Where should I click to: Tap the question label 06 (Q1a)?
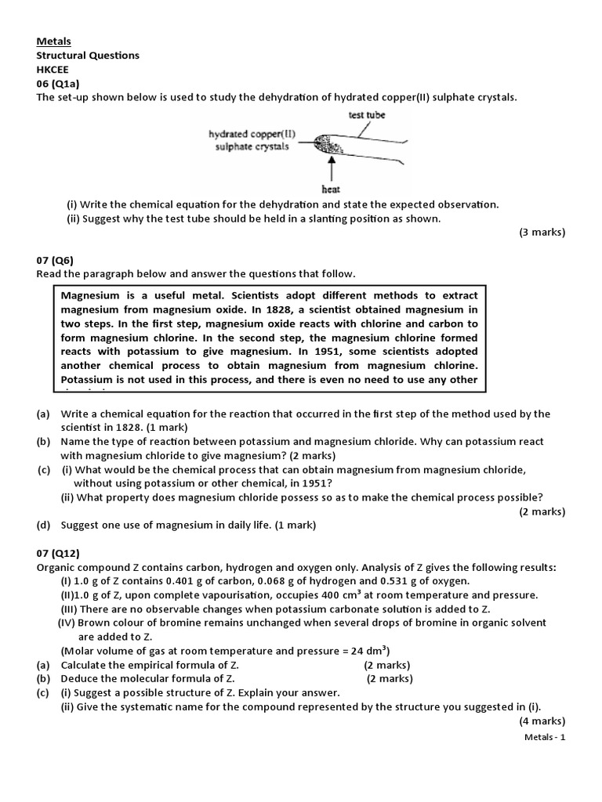pos(60,83)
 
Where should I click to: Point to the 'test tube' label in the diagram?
pos(366,114)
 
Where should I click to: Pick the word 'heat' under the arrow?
pos(331,189)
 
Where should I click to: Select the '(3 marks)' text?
pos(542,233)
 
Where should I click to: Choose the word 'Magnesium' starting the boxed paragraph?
pos(89,295)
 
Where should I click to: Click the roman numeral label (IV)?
pos(68,623)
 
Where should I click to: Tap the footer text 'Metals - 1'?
pos(544,738)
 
